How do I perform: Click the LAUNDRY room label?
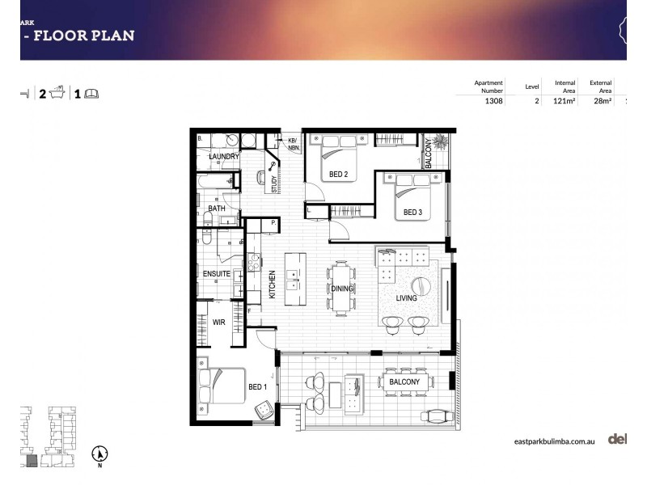click(224, 157)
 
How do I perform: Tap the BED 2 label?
click(338, 174)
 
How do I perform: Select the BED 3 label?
click(412, 213)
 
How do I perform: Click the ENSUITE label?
click(217, 274)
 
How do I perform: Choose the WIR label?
click(218, 322)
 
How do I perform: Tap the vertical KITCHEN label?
click(272, 285)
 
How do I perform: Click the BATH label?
click(217, 209)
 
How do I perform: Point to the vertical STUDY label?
click(274, 185)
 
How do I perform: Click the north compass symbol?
click(99, 454)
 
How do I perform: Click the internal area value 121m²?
click(564, 102)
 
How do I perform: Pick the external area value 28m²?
click(601, 102)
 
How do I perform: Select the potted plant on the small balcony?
click(440, 142)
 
